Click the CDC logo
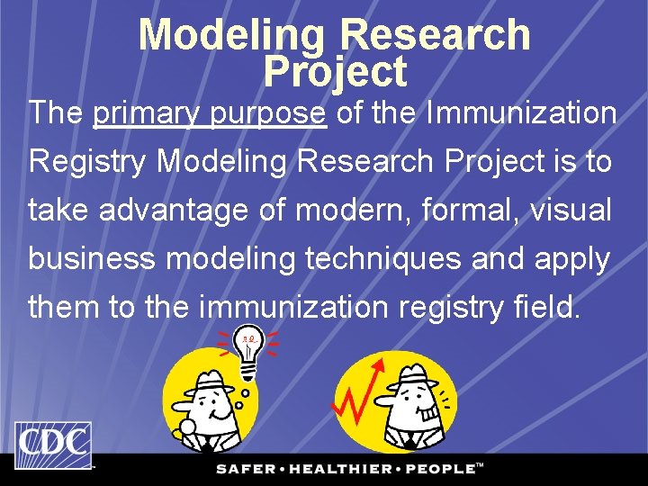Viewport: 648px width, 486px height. click(x=52, y=445)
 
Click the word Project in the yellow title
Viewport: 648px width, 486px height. click(x=335, y=72)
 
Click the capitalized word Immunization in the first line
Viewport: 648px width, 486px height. click(x=522, y=114)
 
